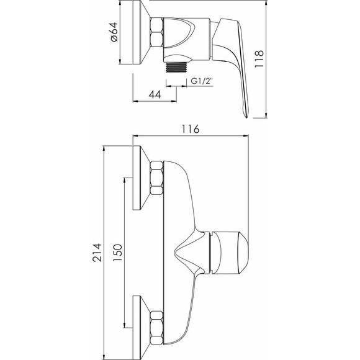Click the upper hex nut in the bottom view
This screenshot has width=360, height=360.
point(156,178)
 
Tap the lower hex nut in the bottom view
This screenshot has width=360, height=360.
point(156,326)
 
